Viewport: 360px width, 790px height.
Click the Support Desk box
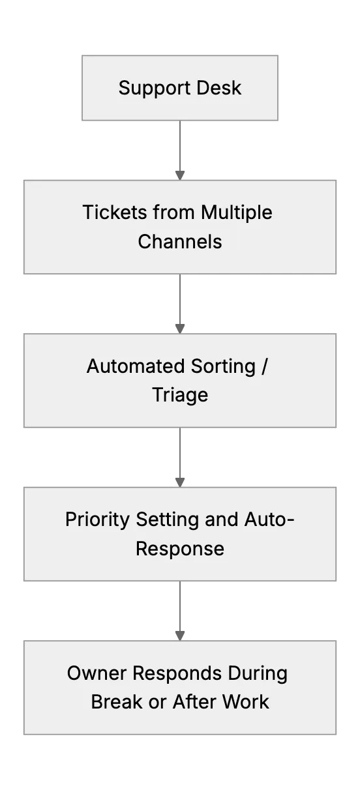pos(180,88)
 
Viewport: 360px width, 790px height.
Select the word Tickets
pos(114,212)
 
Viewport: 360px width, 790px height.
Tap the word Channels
pos(180,242)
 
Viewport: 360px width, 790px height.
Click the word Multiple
pos(237,213)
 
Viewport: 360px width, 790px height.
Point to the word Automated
pos(136,366)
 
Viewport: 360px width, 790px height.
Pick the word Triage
pos(180,395)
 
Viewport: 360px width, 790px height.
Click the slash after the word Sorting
pos(264,367)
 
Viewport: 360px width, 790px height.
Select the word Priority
pos(97,520)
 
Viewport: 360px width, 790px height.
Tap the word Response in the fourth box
pos(180,549)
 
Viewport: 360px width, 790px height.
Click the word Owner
pos(97,673)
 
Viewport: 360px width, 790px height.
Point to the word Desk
pos(219,88)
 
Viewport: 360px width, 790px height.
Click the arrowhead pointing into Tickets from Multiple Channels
pos(180,175)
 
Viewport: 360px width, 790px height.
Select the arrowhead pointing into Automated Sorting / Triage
pos(180,329)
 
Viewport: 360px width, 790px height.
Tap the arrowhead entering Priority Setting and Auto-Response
pos(180,482)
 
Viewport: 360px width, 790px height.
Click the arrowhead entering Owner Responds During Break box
pos(180,636)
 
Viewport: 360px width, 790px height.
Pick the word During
pos(258,674)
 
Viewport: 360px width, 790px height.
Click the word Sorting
pos(223,367)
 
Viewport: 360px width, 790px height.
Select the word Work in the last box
pos(245,702)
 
